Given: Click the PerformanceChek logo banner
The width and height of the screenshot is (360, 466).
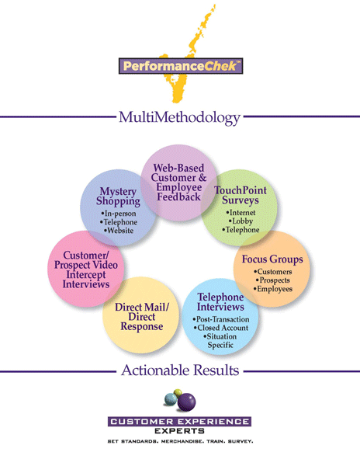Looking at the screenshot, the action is pyautogui.click(x=181, y=66).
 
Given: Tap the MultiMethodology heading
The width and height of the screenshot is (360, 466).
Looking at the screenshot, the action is pyautogui.click(x=179, y=118).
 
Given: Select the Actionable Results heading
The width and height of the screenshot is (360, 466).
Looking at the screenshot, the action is pyautogui.click(x=180, y=370).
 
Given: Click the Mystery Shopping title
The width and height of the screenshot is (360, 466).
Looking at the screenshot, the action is pyautogui.click(x=118, y=196).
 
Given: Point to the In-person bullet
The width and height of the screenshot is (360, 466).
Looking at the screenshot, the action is pyautogui.click(x=119, y=214).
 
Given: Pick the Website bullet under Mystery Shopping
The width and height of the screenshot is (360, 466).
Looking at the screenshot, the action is pyautogui.click(x=119, y=231).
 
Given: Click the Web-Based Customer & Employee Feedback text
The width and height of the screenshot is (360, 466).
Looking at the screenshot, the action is pyautogui.click(x=179, y=183).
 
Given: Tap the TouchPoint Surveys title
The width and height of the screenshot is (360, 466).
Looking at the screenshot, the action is pyautogui.click(x=241, y=195).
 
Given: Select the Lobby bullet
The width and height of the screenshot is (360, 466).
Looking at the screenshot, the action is pyautogui.click(x=241, y=221).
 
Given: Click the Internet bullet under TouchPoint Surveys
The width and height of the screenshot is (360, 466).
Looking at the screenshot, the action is pyautogui.click(x=241, y=213).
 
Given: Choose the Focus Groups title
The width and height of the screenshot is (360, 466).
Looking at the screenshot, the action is pyautogui.click(x=272, y=259).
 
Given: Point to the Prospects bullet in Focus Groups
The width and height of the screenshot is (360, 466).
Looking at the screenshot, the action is pyautogui.click(x=273, y=280).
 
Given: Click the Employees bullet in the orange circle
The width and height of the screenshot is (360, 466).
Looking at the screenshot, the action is pyautogui.click(x=273, y=289).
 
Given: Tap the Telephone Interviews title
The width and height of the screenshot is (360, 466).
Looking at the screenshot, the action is pyautogui.click(x=220, y=302).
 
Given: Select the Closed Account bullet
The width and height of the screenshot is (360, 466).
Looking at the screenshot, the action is pyautogui.click(x=221, y=328).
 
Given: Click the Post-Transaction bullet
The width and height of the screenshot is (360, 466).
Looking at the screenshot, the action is pyautogui.click(x=221, y=319).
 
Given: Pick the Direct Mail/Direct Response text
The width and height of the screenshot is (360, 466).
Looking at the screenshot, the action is pyautogui.click(x=142, y=317).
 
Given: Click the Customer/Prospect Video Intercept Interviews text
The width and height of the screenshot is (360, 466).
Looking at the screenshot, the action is pyautogui.click(x=86, y=270).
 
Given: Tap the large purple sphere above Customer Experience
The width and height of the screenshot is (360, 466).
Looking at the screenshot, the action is pyautogui.click(x=187, y=402).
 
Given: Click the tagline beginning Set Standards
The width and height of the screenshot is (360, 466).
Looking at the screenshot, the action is pyautogui.click(x=180, y=442).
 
